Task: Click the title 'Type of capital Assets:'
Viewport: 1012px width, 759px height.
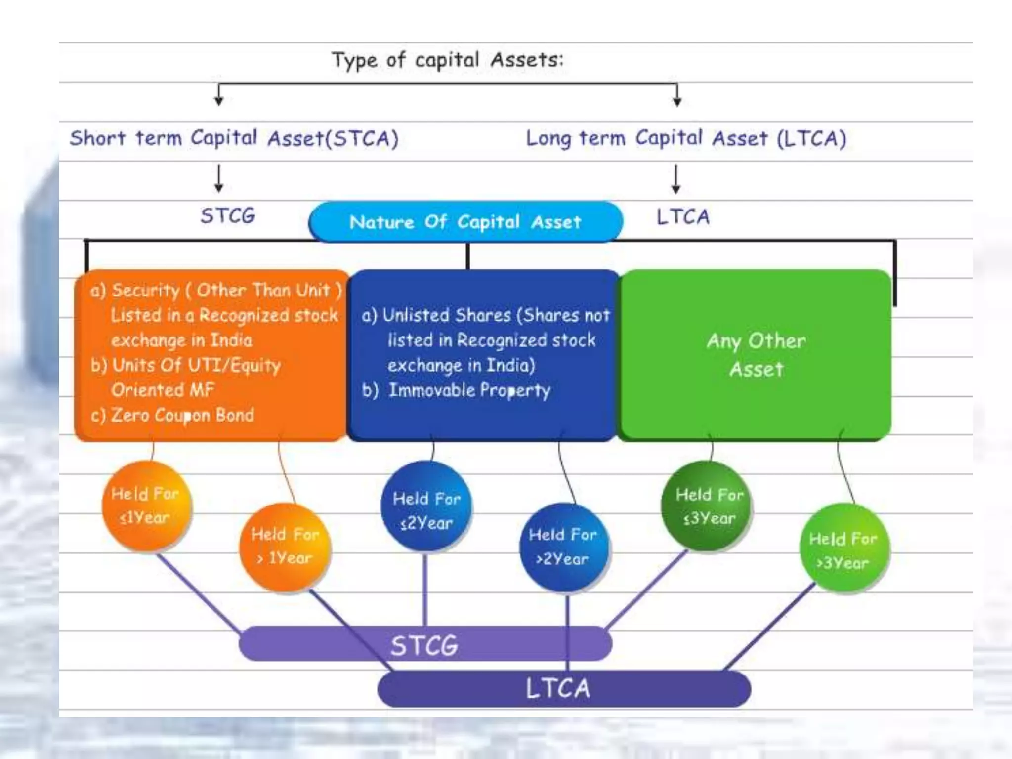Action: pyautogui.click(x=447, y=60)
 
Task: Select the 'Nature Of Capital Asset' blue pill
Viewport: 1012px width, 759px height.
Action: pyautogui.click(x=465, y=222)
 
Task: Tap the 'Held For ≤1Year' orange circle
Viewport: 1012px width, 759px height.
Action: pyautogui.click(x=146, y=506)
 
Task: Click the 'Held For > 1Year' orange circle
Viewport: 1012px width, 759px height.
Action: pyautogui.click(x=285, y=547)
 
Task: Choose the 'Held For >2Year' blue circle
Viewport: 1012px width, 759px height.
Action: pyautogui.click(x=563, y=547)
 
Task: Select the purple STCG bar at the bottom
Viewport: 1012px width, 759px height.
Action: pyautogui.click(x=425, y=644)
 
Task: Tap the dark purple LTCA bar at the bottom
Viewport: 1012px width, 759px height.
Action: pyautogui.click(x=563, y=688)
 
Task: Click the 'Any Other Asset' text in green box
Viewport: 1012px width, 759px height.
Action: pyautogui.click(x=756, y=355)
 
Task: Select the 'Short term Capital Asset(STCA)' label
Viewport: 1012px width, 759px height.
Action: pyautogui.click(x=234, y=138)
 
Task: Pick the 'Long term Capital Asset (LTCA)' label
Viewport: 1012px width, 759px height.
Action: pyautogui.click(x=686, y=138)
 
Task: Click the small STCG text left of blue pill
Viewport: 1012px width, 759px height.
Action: pyautogui.click(x=228, y=215)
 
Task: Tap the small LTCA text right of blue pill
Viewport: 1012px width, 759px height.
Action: pyautogui.click(x=683, y=216)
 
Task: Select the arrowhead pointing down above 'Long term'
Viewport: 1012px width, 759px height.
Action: pyautogui.click(x=677, y=101)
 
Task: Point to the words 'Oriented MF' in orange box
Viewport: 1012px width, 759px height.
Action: pyautogui.click(x=163, y=390)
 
